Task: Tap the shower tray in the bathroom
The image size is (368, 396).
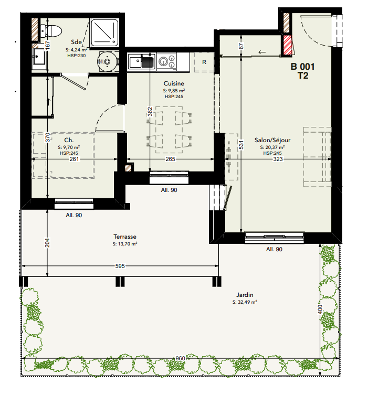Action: coord(104,33)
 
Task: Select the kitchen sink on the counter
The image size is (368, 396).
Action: coord(142,62)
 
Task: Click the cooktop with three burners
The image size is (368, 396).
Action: coord(166,61)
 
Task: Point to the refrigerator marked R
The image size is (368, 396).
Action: coord(204,62)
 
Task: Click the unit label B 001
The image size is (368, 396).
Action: coord(302,67)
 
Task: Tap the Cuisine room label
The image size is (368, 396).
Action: coord(174,83)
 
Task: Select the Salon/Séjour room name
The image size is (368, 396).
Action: coord(272,140)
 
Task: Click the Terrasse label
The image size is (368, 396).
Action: coord(125,237)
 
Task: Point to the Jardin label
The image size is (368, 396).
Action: coord(245,295)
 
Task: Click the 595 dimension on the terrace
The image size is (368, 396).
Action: coord(120,266)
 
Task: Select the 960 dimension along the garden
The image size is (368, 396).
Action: coord(180,358)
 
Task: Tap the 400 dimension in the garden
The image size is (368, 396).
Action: coord(320,309)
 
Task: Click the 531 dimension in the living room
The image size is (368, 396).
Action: coord(241,145)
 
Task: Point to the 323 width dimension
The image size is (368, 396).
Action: coord(278,159)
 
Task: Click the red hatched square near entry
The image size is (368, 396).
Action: coord(287,45)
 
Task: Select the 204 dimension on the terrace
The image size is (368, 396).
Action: coord(47,243)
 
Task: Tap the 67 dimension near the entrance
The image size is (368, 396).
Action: coord(241,46)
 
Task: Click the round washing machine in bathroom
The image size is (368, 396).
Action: coord(108,61)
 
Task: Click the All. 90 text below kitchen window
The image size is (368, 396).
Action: coord(169,190)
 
